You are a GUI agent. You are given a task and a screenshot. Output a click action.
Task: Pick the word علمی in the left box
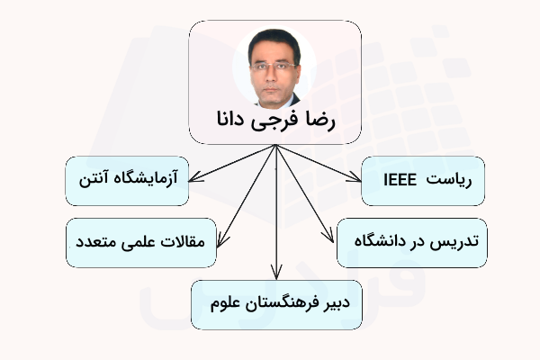pos(138,242)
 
